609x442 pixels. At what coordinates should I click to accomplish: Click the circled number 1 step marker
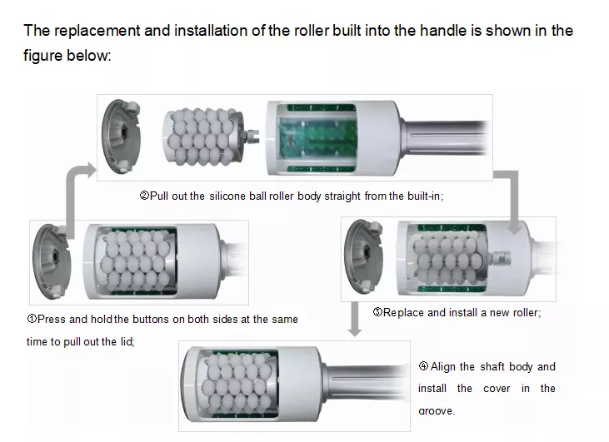[x=32, y=319]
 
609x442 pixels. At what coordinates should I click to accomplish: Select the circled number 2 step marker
[x=144, y=196]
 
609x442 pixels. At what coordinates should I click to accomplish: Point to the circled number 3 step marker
[x=377, y=312]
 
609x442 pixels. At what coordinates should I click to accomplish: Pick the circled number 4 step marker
[x=423, y=366]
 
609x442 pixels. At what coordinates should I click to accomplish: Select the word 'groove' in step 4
[x=437, y=411]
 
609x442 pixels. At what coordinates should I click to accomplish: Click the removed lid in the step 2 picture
[x=121, y=137]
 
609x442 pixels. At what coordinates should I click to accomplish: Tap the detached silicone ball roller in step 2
[x=202, y=137]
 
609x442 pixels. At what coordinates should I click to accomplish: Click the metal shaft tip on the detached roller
[x=252, y=137]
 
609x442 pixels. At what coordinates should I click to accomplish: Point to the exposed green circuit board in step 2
[x=317, y=138]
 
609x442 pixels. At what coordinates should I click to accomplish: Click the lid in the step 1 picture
[x=52, y=261]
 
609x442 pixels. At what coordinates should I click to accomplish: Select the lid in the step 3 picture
[x=364, y=256]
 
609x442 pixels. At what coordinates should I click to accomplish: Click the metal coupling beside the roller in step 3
[x=500, y=259]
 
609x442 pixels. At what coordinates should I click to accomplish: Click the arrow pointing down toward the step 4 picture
[x=355, y=319]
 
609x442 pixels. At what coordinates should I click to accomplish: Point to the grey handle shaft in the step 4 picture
[x=366, y=385]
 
